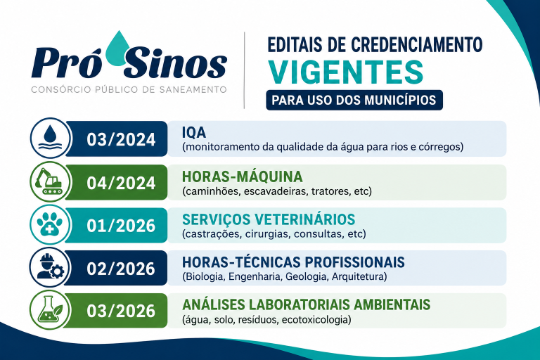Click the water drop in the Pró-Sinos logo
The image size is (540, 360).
tap(118, 49)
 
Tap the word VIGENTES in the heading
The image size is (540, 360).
tap(346, 72)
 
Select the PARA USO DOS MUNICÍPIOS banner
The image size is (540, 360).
tap(354, 101)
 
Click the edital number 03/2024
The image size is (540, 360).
tap(121, 140)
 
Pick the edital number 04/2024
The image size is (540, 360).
tap(121, 183)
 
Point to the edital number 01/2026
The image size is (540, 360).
tap(121, 226)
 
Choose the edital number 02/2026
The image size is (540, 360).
tap(121, 269)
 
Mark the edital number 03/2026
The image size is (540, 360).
tap(121, 311)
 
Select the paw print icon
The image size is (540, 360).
tap(51, 224)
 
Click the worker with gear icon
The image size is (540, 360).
tap(51, 267)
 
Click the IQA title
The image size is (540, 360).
tap(194, 133)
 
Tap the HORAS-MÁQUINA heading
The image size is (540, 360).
tap(243, 176)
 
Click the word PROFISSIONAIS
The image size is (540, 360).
tap(354, 262)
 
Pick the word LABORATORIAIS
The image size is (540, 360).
tap(300, 304)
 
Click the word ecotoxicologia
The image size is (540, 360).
tap(316, 320)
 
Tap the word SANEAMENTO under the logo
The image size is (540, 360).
tap(193, 90)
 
